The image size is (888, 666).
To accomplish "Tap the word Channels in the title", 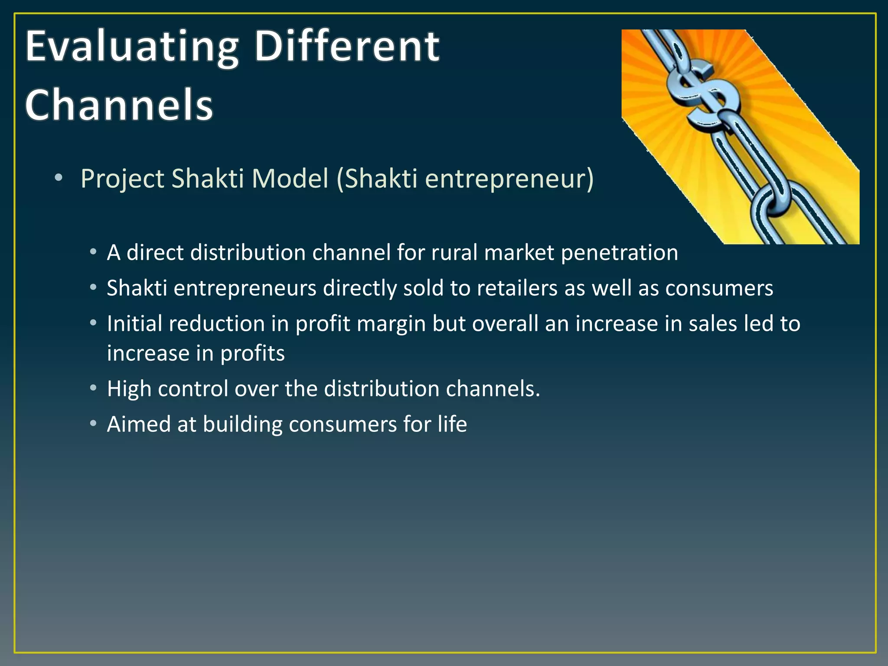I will pos(119,105).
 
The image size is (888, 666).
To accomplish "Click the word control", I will pos(193,389).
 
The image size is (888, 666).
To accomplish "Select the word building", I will pos(242,424).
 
